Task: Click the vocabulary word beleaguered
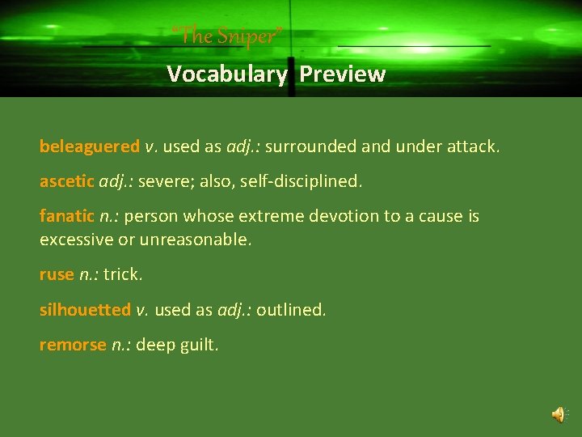pyautogui.click(x=90, y=146)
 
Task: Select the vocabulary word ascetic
pyautogui.click(x=67, y=181)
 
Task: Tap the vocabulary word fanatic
pyautogui.click(x=67, y=216)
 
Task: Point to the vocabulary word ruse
pyautogui.click(x=57, y=274)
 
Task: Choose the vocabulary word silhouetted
pyautogui.click(x=85, y=309)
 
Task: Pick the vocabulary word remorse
pyautogui.click(x=73, y=345)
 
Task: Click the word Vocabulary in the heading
pyautogui.click(x=226, y=74)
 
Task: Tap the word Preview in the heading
pyautogui.click(x=343, y=74)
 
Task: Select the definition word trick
pyautogui.click(x=122, y=274)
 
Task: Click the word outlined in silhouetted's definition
pyautogui.click(x=290, y=309)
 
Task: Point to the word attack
pyautogui.click(x=474, y=146)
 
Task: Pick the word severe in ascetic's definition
pyautogui.click(x=161, y=181)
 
